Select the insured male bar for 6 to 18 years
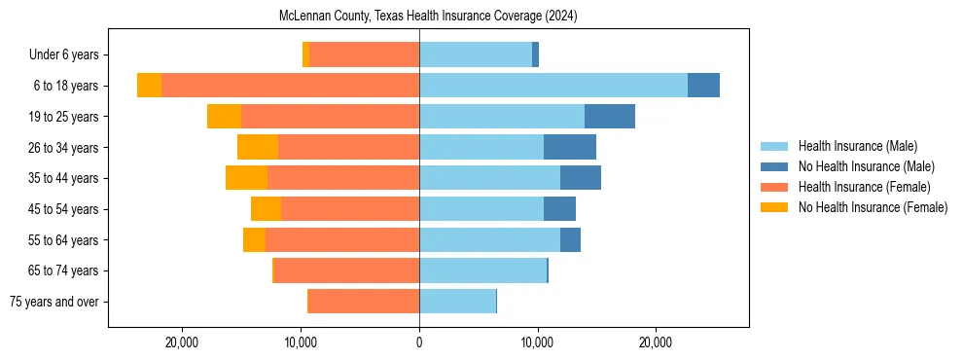pyautogui.click(x=553, y=86)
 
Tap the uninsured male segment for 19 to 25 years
pyautogui.click(x=610, y=117)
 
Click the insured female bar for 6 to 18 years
pyautogui.click(x=290, y=86)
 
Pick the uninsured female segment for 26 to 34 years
pyautogui.click(x=258, y=147)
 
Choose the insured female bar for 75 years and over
pyautogui.click(x=363, y=302)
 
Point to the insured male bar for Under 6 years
pyautogui.click(x=476, y=54)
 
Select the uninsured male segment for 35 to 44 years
pyautogui.click(x=581, y=178)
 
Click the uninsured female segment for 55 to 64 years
pyautogui.click(x=254, y=240)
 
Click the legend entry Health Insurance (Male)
pyautogui.click(x=857, y=146)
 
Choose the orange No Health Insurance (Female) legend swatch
pyautogui.click(x=774, y=207)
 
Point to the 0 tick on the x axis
pyautogui.click(x=419, y=342)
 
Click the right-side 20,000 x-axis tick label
pyautogui.click(x=655, y=342)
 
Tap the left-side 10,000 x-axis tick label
pyautogui.click(x=301, y=342)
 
